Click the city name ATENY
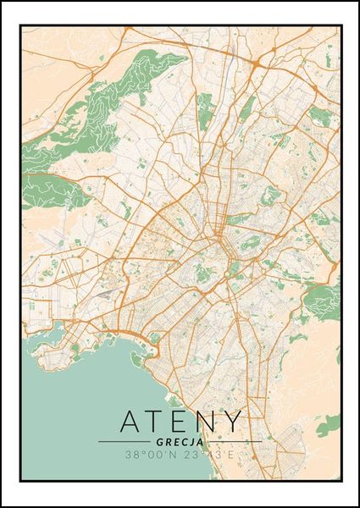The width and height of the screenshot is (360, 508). [180, 421]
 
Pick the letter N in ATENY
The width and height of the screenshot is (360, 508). [205, 421]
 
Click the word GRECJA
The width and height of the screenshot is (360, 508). [180, 442]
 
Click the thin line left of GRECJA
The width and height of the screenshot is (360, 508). [125, 442]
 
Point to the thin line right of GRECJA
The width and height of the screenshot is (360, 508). [235, 442]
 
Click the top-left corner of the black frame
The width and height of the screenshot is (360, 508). [20, 25]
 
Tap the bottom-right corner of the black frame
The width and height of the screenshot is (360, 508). [341, 481]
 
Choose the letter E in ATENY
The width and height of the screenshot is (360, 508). [180, 421]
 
